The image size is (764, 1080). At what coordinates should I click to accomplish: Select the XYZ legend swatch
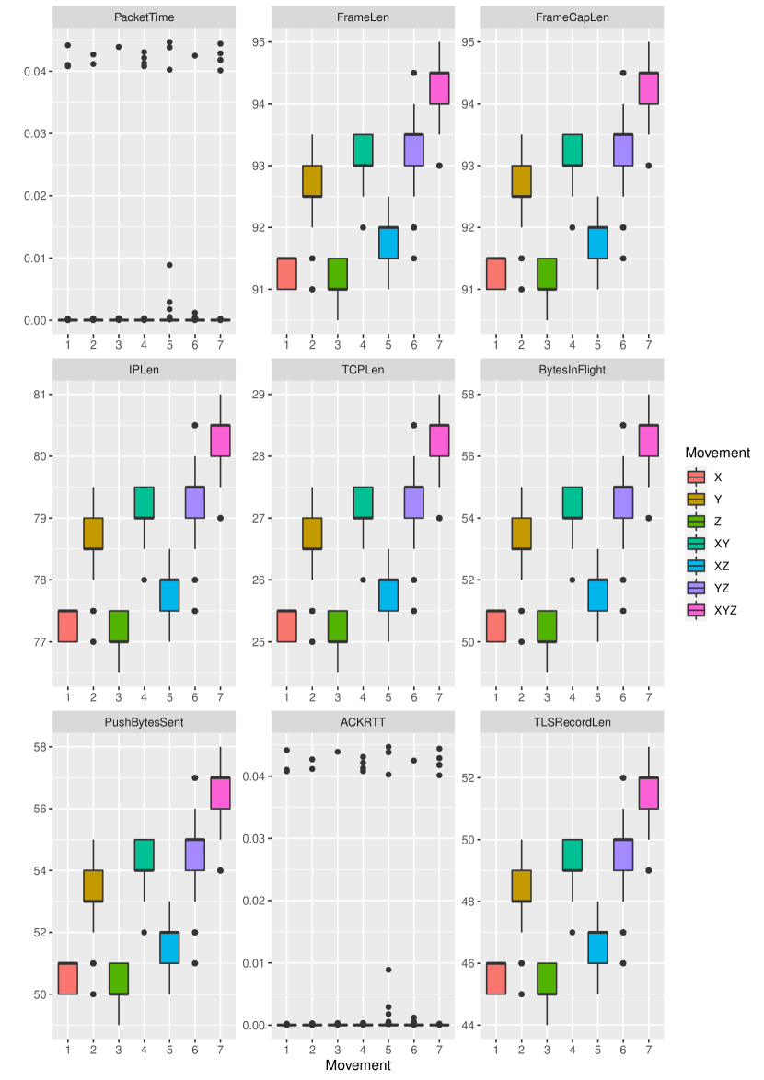[698, 610]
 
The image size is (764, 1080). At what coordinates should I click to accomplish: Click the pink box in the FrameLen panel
[440, 88]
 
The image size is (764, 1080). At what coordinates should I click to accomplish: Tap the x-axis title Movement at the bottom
[358, 1065]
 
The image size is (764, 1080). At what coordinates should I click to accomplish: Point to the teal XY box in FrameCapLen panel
[573, 150]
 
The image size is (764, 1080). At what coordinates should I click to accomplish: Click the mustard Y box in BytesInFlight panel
[522, 534]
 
